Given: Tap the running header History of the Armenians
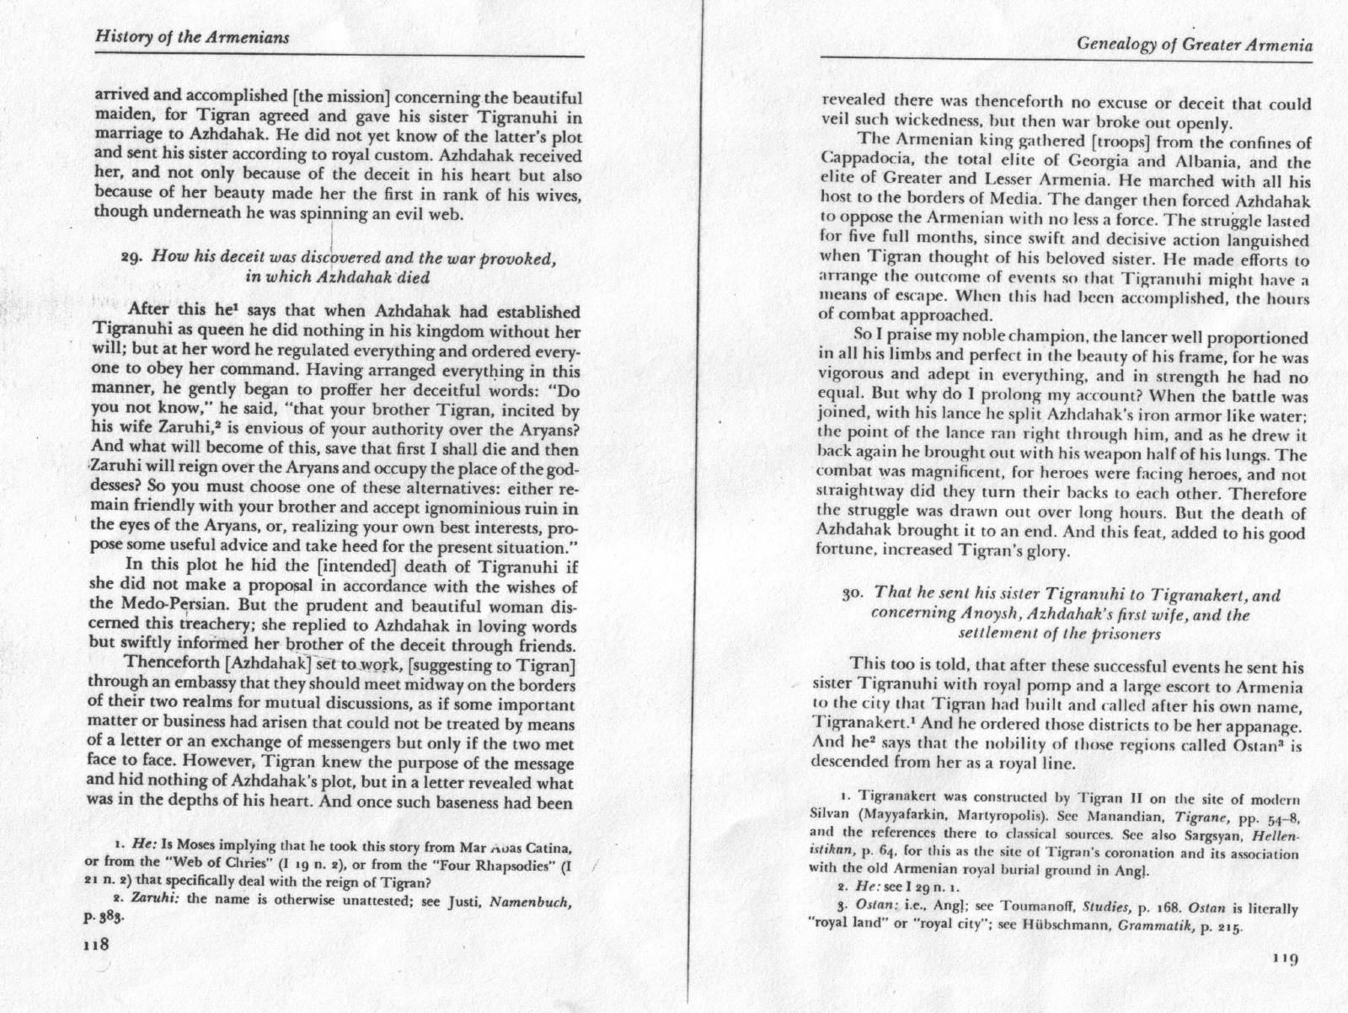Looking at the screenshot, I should pos(193,38).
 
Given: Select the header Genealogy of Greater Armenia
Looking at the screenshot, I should pos(1194,45).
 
